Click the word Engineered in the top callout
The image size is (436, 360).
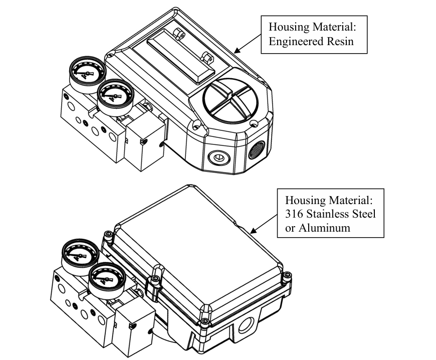[x=298, y=41]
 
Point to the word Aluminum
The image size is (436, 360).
[x=320, y=227]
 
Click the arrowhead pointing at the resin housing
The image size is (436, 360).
[x=236, y=50]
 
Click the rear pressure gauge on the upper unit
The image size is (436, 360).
[x=85, y=74]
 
